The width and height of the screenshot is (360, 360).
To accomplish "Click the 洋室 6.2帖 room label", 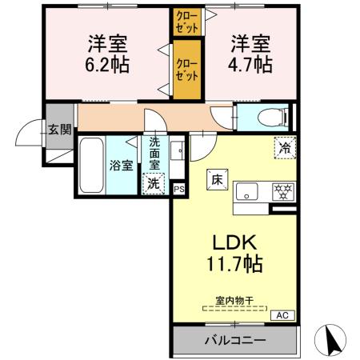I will tap(105, 52).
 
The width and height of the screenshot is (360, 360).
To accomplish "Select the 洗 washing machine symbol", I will tap(154, 183).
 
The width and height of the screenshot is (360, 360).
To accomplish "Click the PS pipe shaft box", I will tap(178, 189).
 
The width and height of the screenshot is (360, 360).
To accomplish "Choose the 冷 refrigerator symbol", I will tap(283, 147).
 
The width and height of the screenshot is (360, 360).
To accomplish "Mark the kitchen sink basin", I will tap(248, 191).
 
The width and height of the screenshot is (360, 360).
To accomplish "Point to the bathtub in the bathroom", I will tap(90, 166).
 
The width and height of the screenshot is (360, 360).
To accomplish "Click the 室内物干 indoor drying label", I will tap(234, 301).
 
